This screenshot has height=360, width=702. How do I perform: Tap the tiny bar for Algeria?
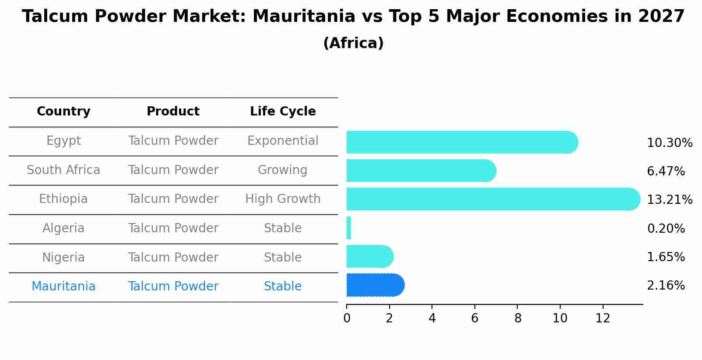point(349,228)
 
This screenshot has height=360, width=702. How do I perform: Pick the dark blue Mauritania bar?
point(375,285)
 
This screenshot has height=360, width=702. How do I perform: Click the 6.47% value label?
point(666,171)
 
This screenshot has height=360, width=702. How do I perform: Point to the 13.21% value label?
point(669,199)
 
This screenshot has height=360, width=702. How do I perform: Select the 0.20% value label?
point(666,228)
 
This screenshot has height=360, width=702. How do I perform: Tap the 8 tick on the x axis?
point(518,318)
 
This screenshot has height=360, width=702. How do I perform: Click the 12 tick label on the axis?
point(603,318)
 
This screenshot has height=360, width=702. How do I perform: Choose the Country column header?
point(63,112)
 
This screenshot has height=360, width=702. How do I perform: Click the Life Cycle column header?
point(283,112)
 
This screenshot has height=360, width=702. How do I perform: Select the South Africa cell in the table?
point(63,170)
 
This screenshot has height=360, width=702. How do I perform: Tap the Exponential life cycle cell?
point(283,141)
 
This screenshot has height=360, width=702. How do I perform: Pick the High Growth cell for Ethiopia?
point(283,199)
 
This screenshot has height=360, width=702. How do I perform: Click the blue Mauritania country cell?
point(63,287)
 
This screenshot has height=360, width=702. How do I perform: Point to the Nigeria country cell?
point(63,257)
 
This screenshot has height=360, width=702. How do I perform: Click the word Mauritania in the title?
point(303,17)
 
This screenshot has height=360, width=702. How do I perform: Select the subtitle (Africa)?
point(353,43)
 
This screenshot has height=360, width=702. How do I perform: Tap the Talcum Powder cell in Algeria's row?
point(173,228)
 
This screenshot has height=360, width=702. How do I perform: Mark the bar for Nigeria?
point(369,256)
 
